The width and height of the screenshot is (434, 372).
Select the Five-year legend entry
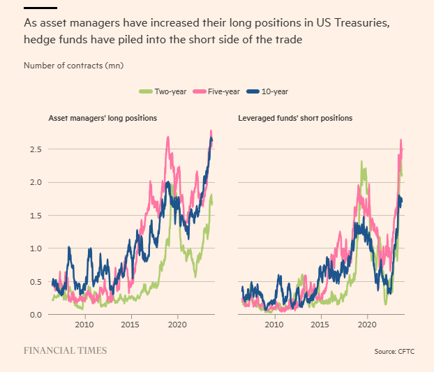pyautogui.click(x=220, y=91)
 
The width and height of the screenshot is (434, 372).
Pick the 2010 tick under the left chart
pyautogui.click(x=84, y=325)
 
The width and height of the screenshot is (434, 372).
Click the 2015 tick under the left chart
pyautogui.click(x=130, y=325)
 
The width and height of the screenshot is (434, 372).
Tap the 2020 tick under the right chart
pyautogui.click(x=367, y=325)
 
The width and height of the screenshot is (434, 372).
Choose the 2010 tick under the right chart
pyautogui.click(x=274, y=325)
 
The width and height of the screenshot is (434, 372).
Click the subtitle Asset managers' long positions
pyautogui.click(x=102, y=119)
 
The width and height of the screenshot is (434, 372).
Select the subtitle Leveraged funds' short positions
pyautogui.click(x=295, y=119)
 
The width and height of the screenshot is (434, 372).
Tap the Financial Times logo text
pyautogui.click(x=66, y=350)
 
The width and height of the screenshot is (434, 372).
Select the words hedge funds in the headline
pyautogui.click(x=54, y=40)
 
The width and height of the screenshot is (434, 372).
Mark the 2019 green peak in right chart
pyautogui.click(x=361, y=163)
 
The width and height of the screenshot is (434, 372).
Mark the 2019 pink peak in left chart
pyautogui.click(x=168, y=138)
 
